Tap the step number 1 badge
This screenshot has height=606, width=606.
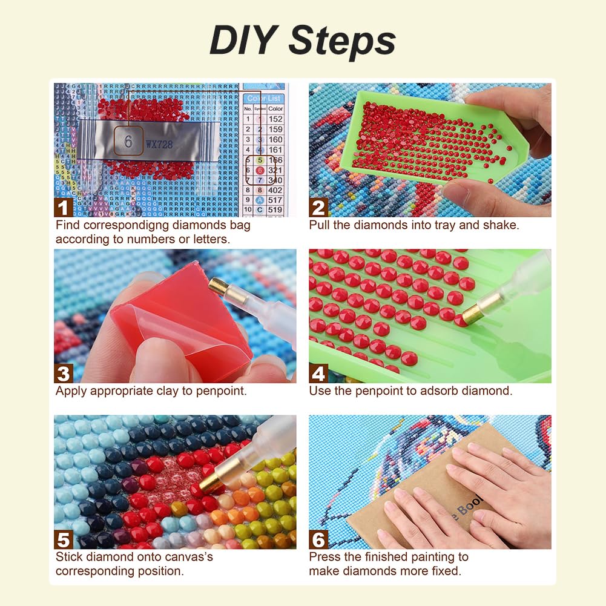64,207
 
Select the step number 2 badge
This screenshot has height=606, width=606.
318,207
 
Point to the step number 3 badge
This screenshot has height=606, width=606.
64,373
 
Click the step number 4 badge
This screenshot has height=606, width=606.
318,373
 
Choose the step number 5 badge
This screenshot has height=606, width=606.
64,539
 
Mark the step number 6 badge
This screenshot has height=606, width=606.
318,539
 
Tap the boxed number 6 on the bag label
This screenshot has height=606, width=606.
128,142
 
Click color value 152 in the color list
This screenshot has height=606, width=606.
275,119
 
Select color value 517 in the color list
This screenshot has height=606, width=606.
275,200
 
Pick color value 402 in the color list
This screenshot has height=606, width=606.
275,190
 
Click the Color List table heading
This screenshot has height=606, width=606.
264,98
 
